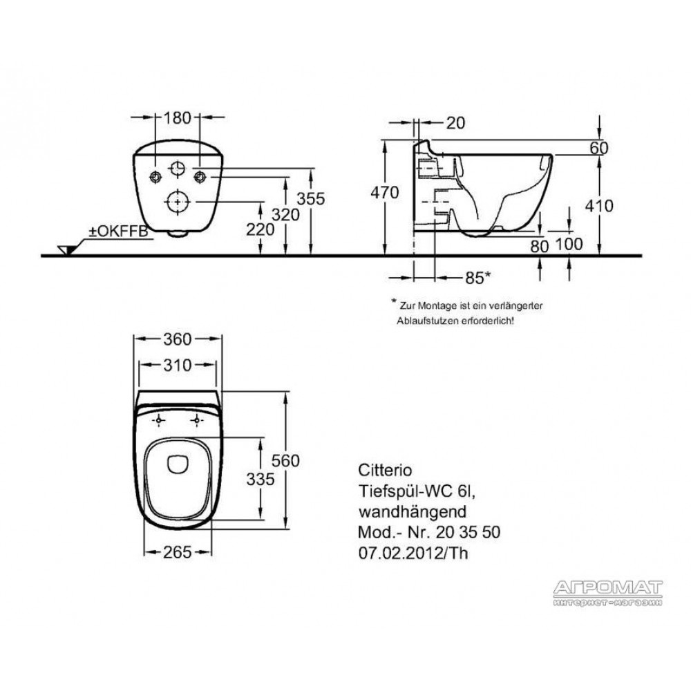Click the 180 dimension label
click(178, 117)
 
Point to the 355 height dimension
click(310, 199)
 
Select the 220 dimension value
click(260, 229)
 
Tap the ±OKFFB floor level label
click(119, 231)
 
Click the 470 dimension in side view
click(384, 193)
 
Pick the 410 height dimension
click(599, 206)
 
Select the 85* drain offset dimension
click(477, 277)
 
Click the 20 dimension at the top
click(455, 123)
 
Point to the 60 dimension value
click(599, 148)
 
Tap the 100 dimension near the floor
click(569, 244)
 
